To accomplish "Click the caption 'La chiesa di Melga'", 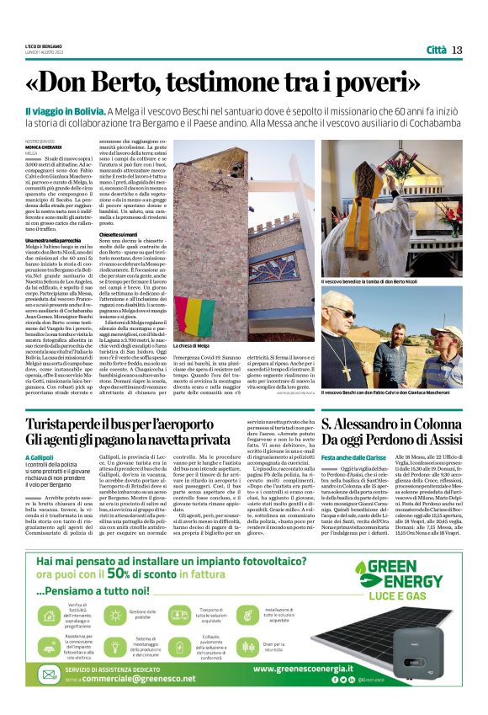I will pos(194,346).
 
